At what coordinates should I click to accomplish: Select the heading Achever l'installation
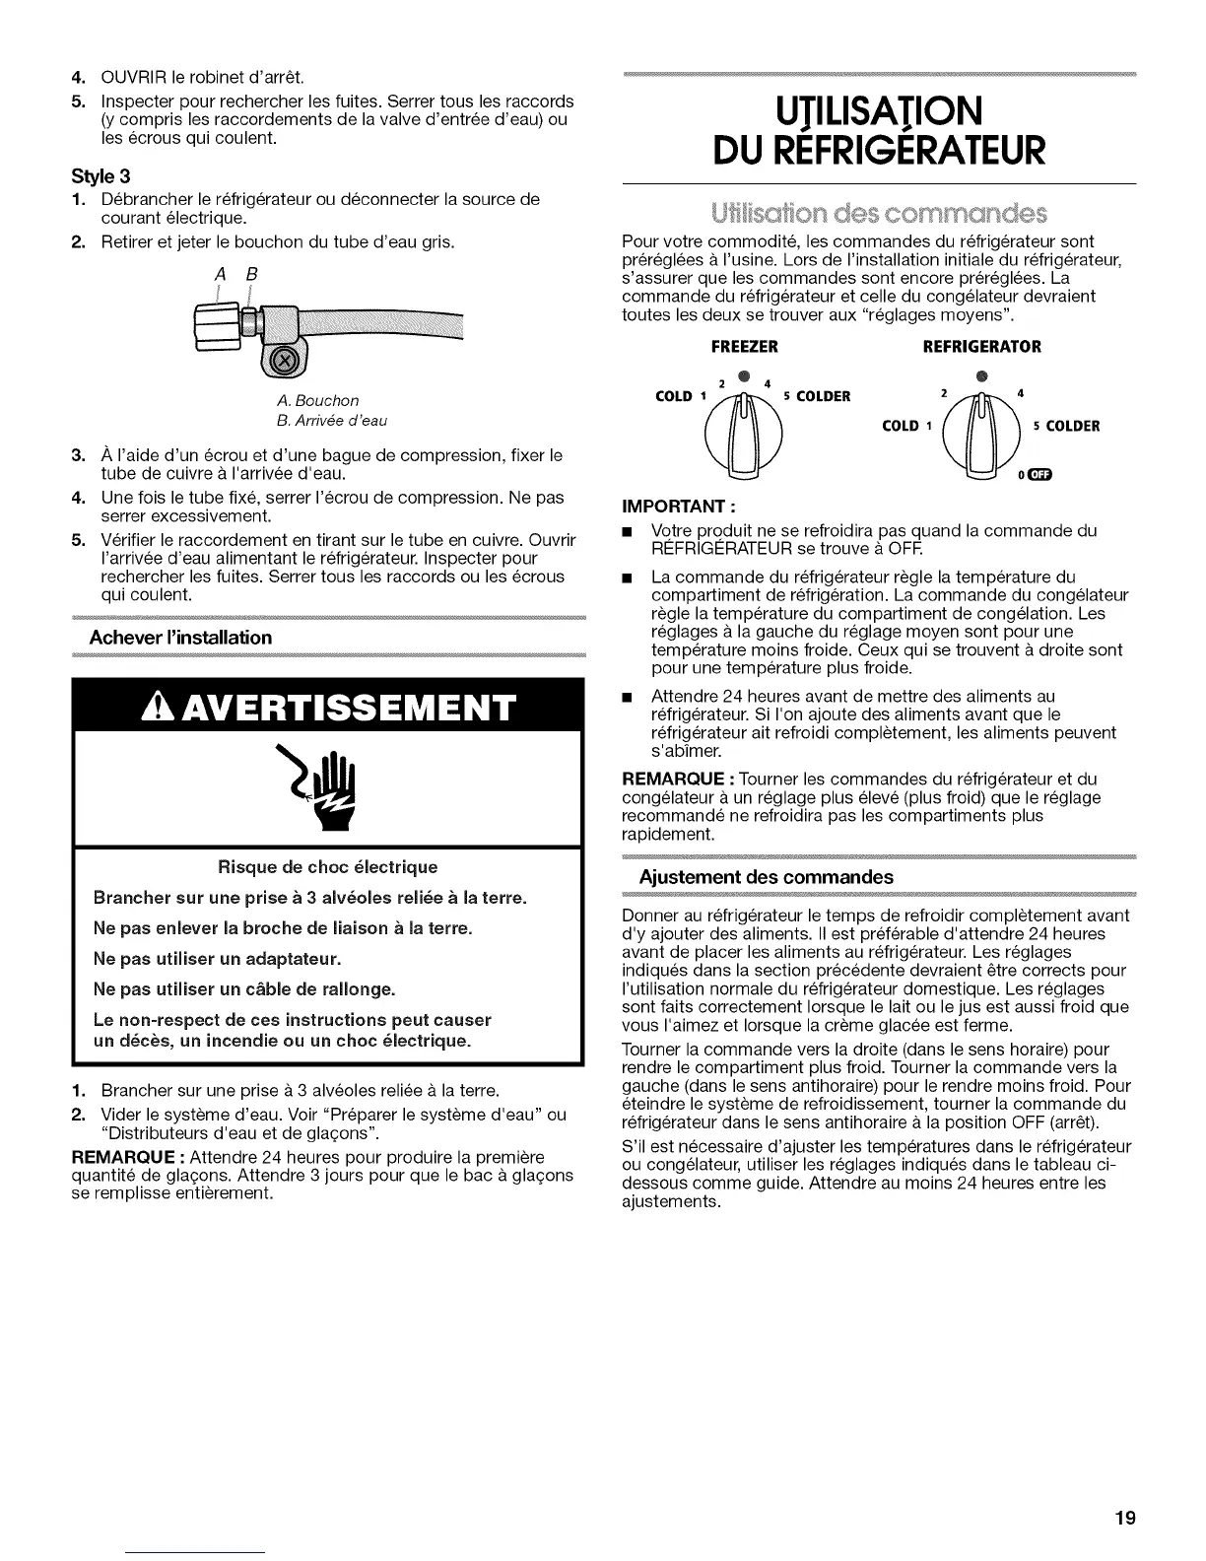tap(180, 637)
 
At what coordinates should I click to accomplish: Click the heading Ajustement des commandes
tap(766, 877)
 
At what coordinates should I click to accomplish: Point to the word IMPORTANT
tap(669, 511)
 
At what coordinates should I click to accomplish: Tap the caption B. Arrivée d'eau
tap(333, 420)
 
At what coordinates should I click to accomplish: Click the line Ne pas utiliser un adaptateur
tap(203, 958)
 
